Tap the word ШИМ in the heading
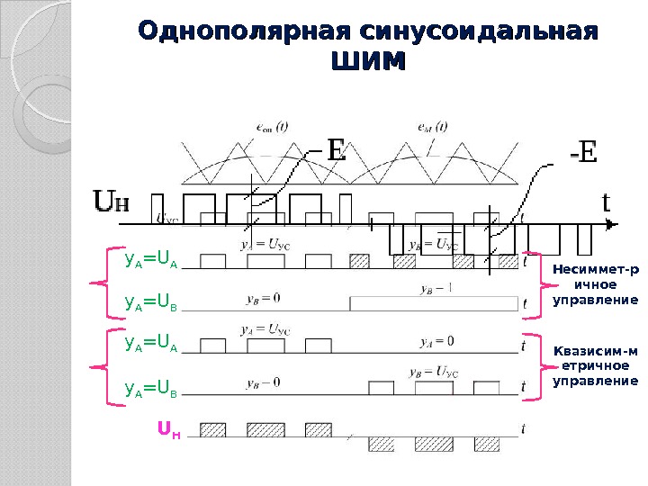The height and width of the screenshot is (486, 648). pos(368,64)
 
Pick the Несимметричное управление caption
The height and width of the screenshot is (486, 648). pos(594,283)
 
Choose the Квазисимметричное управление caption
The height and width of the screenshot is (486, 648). pos(594,365)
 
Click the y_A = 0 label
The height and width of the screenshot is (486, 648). pos(436,341)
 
